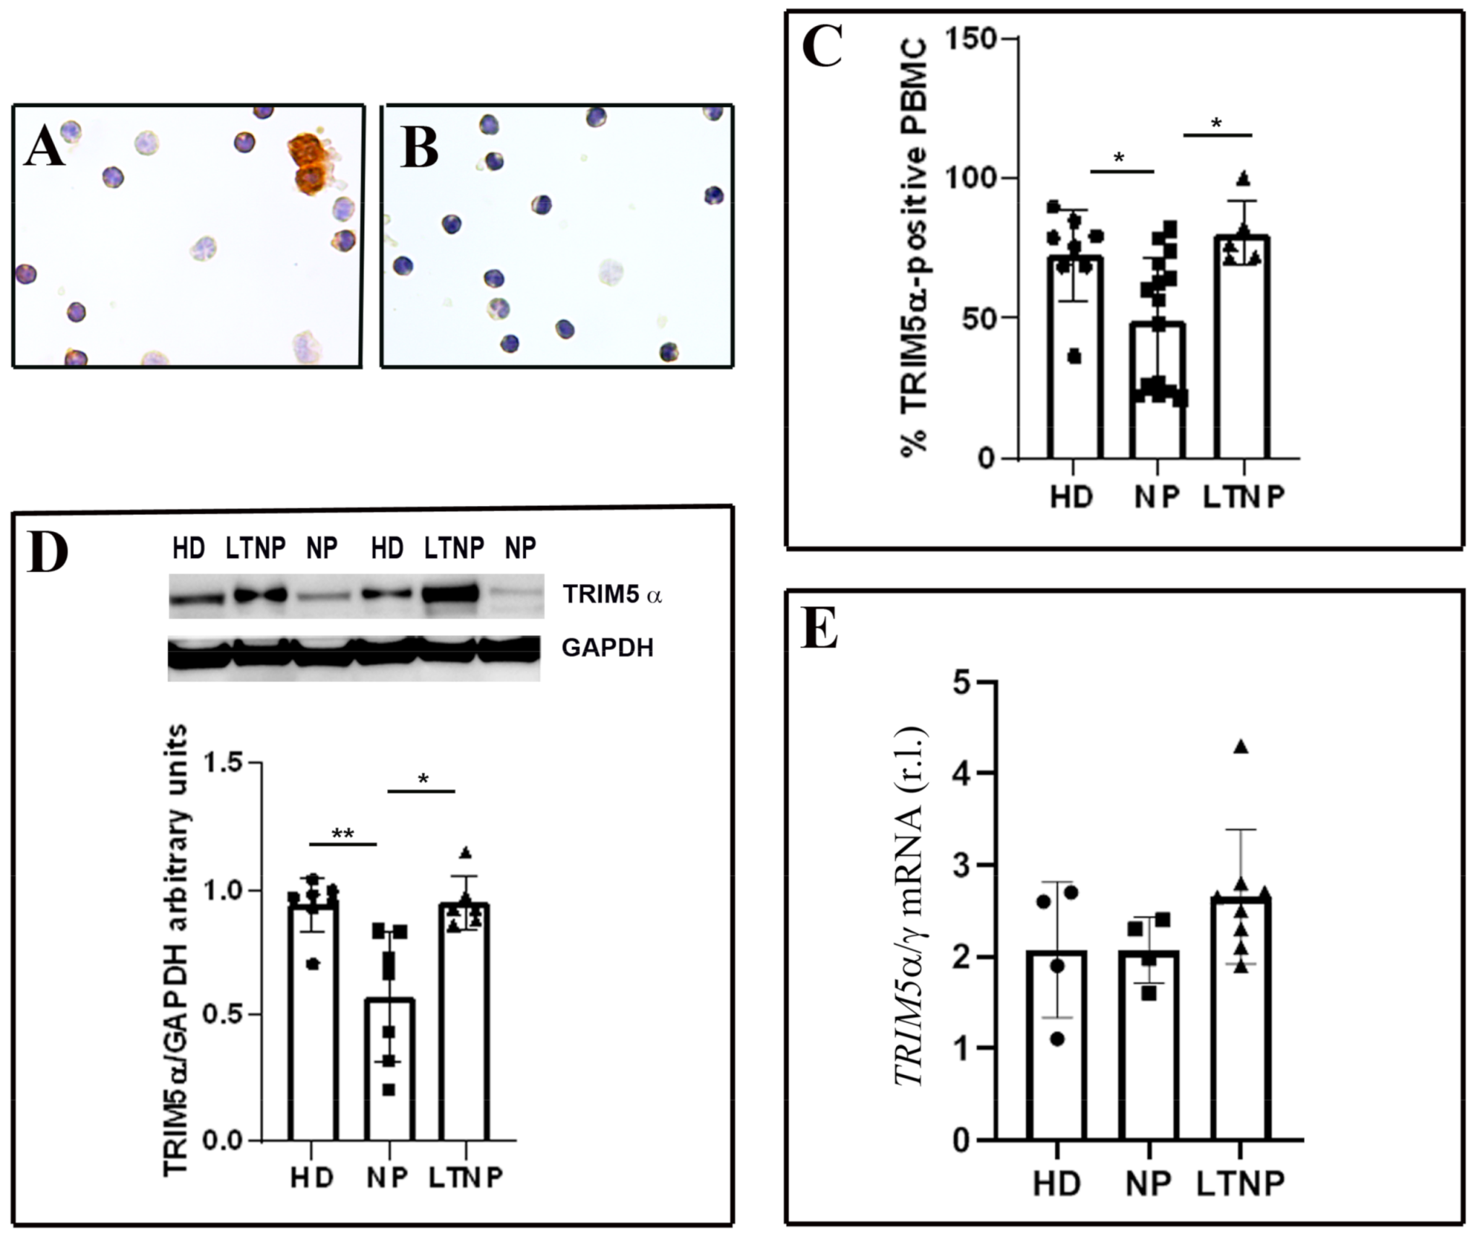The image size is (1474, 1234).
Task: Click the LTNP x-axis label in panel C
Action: [x=1244, y=497]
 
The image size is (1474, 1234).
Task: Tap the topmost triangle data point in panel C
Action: [x=1243, y=178]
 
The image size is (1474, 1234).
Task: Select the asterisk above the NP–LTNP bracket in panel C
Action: [x=1217, y=124]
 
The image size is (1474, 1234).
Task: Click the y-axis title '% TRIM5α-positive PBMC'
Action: [x=913, y=246]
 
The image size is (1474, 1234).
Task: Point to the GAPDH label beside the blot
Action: [x=607, y=648]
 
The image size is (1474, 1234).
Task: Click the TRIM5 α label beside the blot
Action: [x=613, y=595]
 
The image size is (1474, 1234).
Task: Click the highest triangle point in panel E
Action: [x=1241, y=747]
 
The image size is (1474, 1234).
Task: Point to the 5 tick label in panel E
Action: [x=962, y=682]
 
